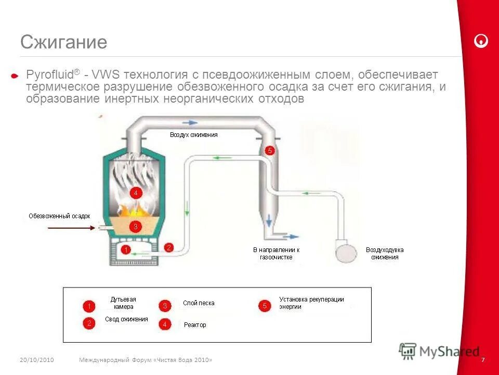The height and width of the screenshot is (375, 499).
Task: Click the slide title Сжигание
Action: tap(63, 42)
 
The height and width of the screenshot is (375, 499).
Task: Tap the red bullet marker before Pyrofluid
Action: tap(15, 76)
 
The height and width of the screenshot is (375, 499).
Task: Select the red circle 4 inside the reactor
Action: tap(136, 193)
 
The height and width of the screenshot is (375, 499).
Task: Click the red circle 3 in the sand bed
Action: tap(135, 227)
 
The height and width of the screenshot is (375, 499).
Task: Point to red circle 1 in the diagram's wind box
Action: tap(125, 250)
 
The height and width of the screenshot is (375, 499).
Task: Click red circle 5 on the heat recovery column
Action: tap(269, 151)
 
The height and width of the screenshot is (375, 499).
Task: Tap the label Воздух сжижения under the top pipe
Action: tap(193, 135)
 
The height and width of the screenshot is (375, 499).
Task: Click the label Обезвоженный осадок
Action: tap(59, 216)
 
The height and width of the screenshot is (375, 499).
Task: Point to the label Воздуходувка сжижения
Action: tap(385, 253)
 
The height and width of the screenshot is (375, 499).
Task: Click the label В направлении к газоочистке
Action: tap(276, 253)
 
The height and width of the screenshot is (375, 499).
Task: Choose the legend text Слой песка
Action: tap(198, 303)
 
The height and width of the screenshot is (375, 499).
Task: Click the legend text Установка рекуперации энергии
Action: tap(311, 303)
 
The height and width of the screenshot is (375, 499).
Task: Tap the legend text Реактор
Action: tap(195, 325)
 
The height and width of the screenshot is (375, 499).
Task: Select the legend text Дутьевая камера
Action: tap(123, 303)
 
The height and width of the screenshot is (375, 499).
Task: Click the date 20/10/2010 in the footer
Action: tap(37, 360)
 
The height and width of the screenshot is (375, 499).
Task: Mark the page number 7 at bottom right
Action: tap(483, 360)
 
